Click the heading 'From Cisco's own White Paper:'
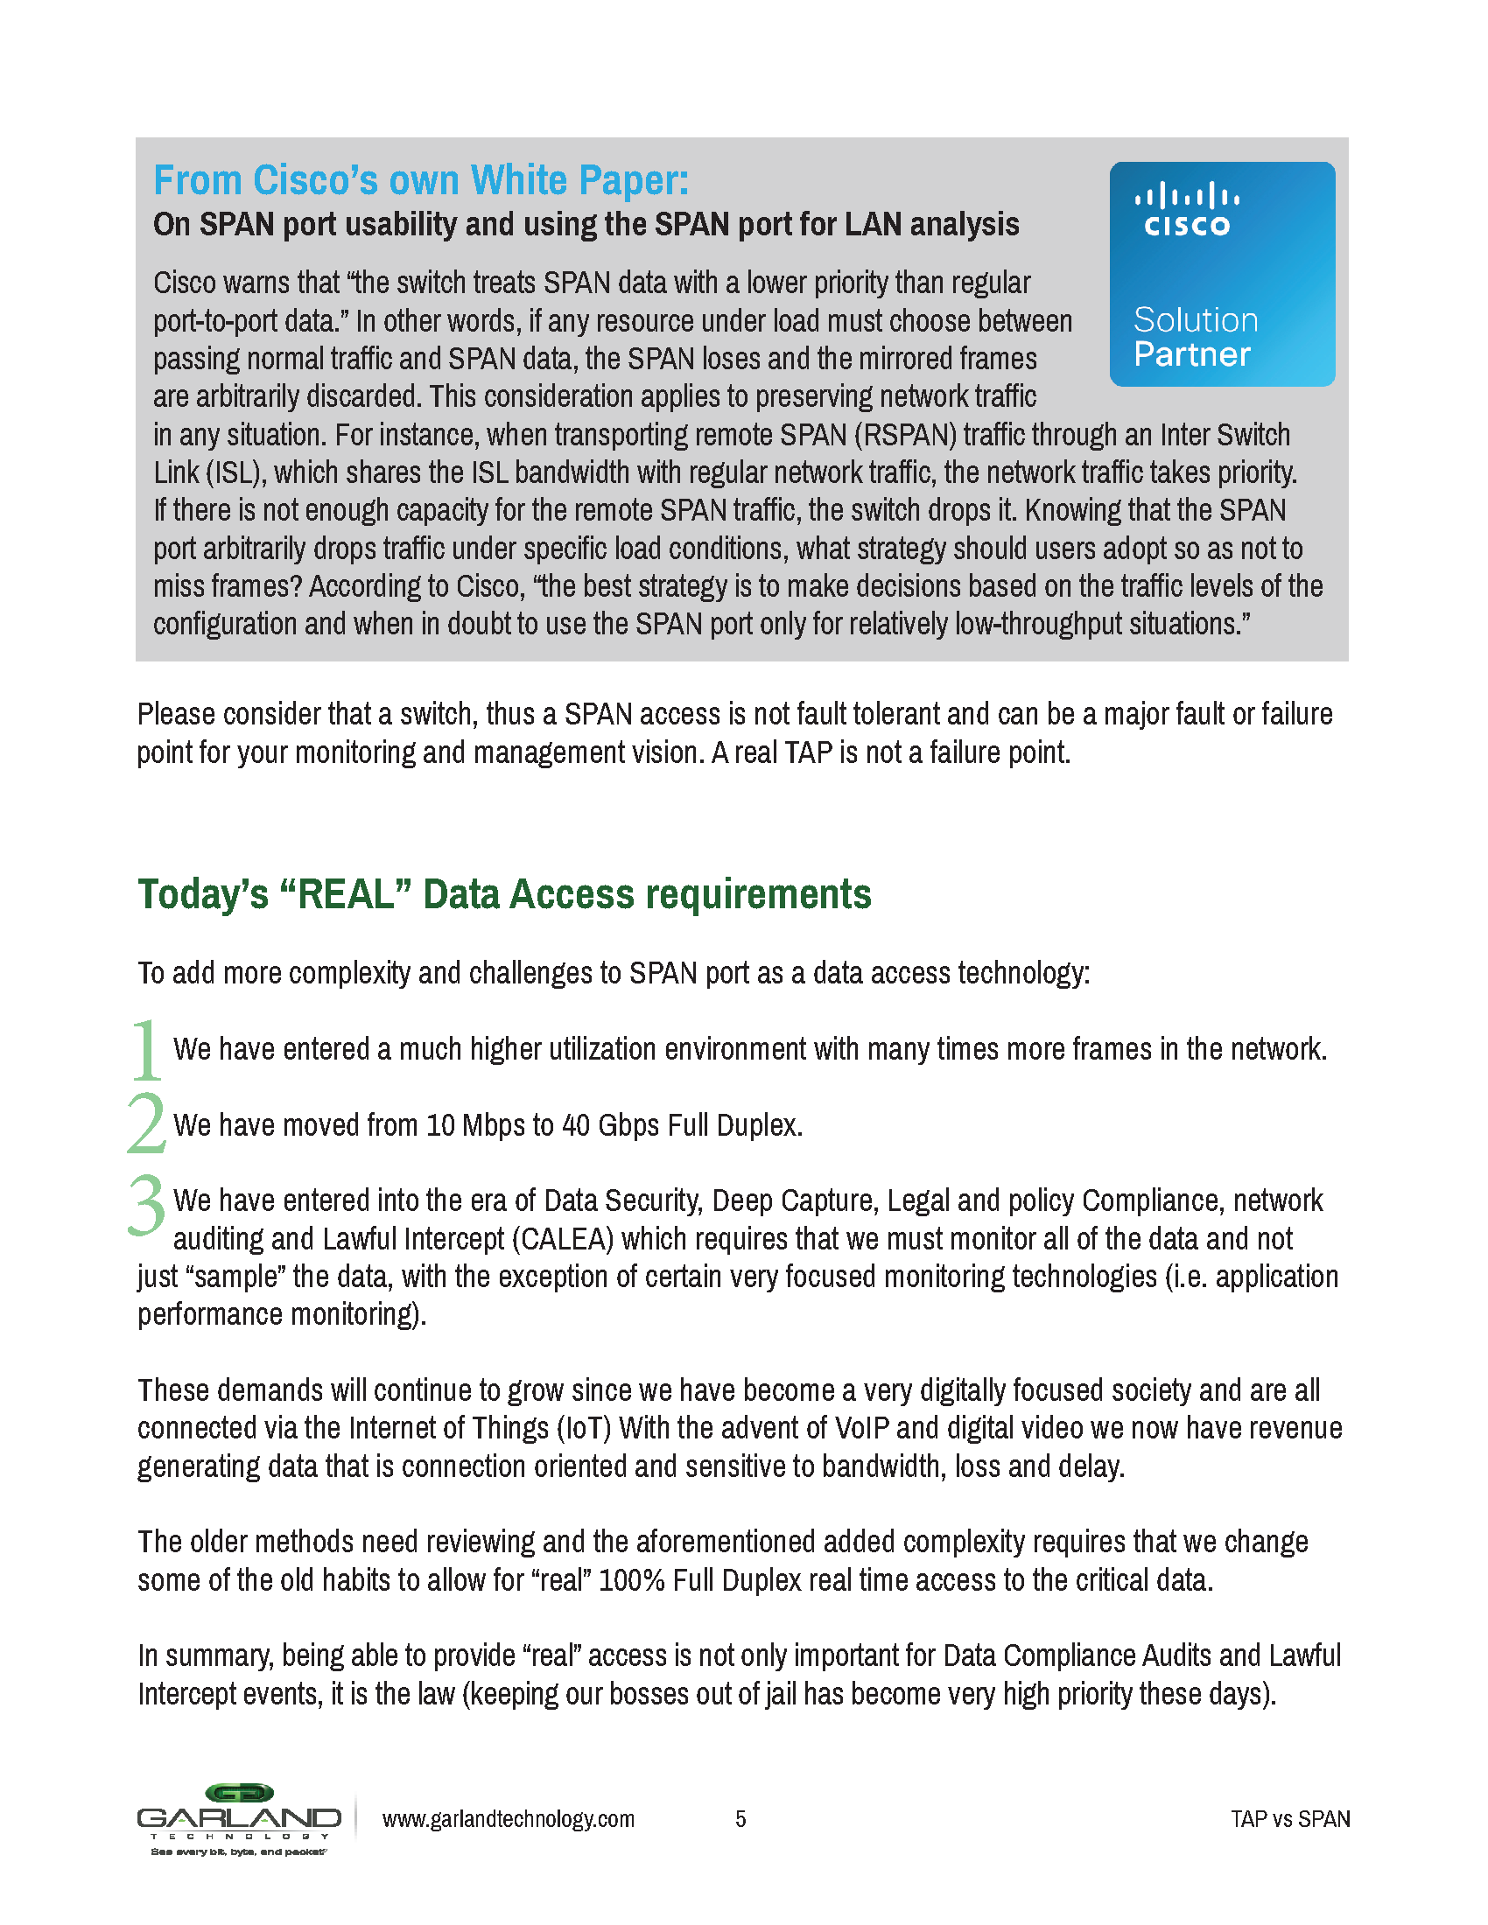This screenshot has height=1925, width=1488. pyautogui.click(x=420, y=181)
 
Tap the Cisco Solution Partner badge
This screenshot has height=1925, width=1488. pyautogui.click(x=1222, y=273)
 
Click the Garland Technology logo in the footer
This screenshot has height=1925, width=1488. pyautogui.click(x=239, y=1819)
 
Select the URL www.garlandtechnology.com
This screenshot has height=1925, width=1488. pyautogui.click(x=508, y=1819)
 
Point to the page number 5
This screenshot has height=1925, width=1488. pyautogui.click(x=740, y=1819)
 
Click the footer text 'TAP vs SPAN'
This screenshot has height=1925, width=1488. pyautogui.click(x=1289, y=1819)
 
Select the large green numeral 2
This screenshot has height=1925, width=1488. pyautogui.click(x=146, y=1123)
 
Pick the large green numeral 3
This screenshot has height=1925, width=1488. pyautogui.click(x=146, y=1205)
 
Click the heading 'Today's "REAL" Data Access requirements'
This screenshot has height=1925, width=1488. pyautogui.click(x=504, y=894)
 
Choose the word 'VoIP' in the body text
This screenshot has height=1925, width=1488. pyautogui.click(x=861, y=1428)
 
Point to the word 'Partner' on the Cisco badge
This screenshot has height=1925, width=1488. pyautogui.click(x=1192, y=354)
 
